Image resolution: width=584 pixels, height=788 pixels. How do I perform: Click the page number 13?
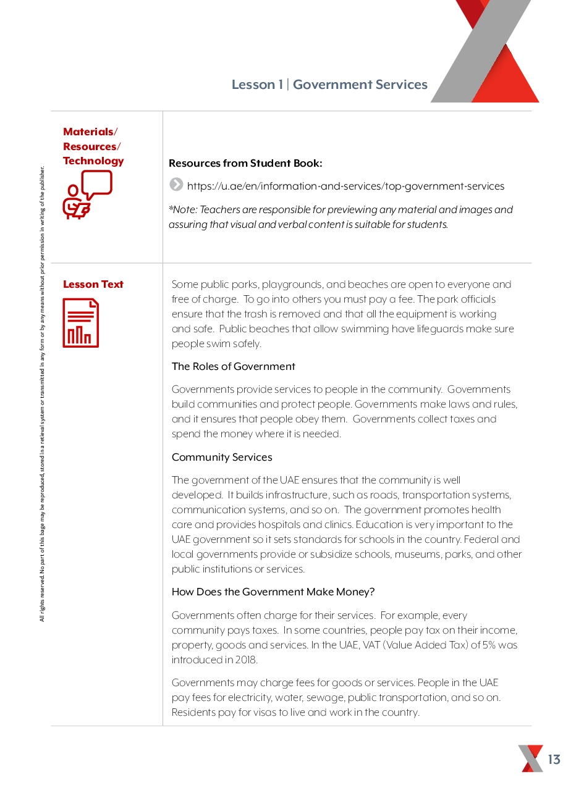tap(554, 760)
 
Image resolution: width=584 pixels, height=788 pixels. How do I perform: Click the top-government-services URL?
tap(345, 186)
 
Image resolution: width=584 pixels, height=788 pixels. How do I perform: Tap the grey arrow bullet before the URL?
tap(176, 184)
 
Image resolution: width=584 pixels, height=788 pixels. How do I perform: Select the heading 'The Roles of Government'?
tap(233, 366)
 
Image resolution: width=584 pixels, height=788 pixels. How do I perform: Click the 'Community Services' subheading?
tap(222, 457)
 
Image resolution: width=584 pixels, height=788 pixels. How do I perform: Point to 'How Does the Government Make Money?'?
tap(273, 592)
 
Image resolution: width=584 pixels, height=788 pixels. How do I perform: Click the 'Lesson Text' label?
tap(93, 284)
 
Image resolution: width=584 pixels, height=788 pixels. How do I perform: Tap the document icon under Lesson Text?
tap(81, 322)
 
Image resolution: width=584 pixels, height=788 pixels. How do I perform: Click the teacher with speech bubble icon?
tap(88, 195)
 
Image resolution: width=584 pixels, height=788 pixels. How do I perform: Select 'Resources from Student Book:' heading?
tap(245, 163)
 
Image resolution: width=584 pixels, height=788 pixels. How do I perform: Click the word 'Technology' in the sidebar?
tap(93, 161)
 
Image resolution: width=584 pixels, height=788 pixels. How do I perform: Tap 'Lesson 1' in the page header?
tap(256, 85)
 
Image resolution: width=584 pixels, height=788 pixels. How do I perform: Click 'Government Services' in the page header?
tap(360, 85)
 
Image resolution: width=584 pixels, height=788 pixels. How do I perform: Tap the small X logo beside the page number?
tap(531, 758)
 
